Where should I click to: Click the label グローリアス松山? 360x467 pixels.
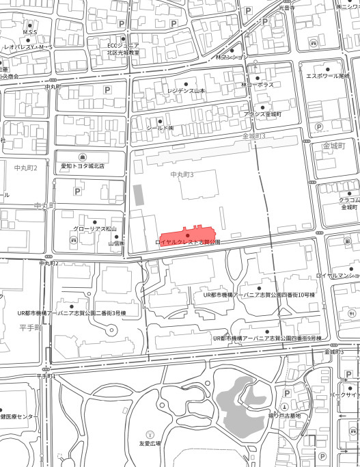tap(96, 228)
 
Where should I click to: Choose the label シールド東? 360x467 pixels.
tap(161, 128)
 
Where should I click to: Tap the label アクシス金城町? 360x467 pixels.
tap(263, 114)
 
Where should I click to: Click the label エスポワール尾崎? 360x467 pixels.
tap(328, 76)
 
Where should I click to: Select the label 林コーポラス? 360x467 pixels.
tap(258, 85)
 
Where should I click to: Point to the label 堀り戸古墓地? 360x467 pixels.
tap(284, 415)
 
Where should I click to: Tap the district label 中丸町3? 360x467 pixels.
tap(182, 176)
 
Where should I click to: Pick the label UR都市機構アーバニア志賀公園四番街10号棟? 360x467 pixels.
tap(260, 295)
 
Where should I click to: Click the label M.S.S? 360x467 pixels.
tap(30, 32)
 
